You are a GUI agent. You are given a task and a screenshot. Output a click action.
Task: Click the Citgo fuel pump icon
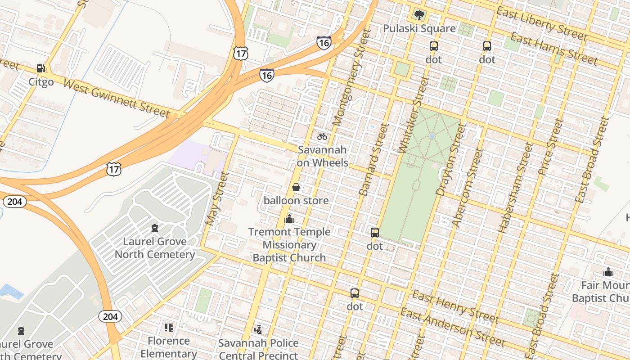pos(40,68)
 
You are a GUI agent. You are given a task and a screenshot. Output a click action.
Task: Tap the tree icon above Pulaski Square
pos(419,15)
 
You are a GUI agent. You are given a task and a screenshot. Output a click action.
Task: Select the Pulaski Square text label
pos(419,29)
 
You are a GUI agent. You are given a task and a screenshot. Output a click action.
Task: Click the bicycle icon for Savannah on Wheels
pos(322,136)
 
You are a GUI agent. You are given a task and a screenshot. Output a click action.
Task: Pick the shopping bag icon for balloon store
pos(296,187)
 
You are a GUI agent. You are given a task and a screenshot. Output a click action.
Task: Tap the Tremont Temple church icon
pos(289,219)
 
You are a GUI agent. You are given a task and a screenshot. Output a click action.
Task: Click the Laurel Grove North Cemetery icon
pos(155,228)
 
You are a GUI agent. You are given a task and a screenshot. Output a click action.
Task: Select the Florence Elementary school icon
pos(169,328)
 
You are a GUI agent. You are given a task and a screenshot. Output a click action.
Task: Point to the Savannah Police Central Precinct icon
pos(258,330)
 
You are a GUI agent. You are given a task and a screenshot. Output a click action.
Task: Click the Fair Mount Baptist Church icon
pos(608,272)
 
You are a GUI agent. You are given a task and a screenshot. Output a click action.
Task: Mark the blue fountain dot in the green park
pos(432,135)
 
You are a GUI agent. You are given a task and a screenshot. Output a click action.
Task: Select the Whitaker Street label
pos(414,115)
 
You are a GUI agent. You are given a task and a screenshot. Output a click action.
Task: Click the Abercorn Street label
pos(467,188)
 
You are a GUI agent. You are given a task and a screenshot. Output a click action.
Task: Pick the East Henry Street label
pos(456,307)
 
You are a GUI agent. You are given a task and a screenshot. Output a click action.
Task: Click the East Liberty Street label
pos(542,24)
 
